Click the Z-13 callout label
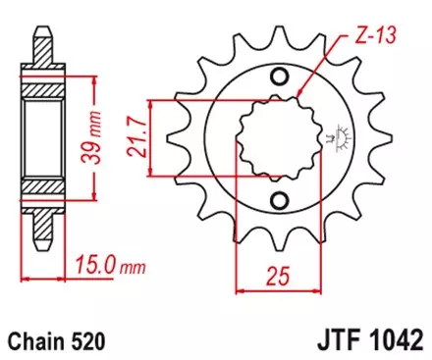pos(365,40)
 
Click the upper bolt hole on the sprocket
pos(280,78)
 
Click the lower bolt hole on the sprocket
pos(280,202)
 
